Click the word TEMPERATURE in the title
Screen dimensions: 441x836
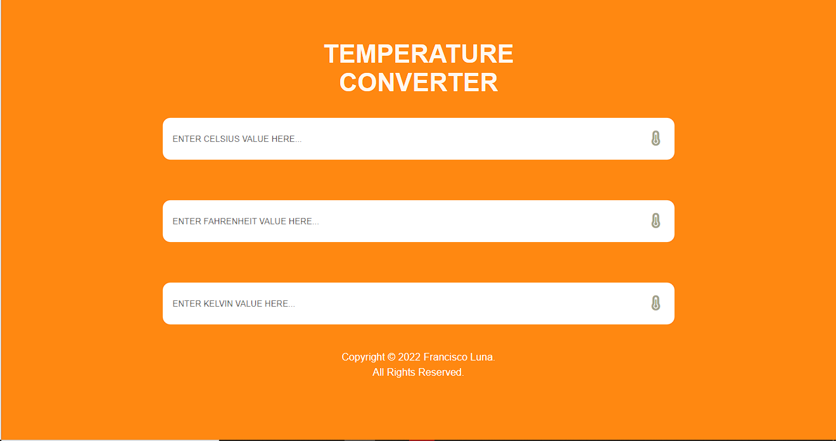click(418, 54)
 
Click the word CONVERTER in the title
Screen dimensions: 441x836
click(418, 83)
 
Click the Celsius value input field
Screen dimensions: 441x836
click(405, 139)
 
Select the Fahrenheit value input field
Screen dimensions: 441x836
click(405, 221)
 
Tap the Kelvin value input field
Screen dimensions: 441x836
click(405, 304)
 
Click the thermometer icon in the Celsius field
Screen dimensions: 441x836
click(655, 139)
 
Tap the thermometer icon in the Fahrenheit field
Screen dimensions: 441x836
click(655, 221)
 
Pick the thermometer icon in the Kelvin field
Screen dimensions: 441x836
click(655, 304)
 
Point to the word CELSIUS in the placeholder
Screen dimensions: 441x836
click(222, 139)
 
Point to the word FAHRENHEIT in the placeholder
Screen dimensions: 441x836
click(231, 222)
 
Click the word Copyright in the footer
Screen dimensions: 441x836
click(363, 357)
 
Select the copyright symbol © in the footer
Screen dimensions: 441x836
click(391, 357)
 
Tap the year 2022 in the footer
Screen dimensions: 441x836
click(409, 357)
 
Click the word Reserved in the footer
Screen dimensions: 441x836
click(444, 373)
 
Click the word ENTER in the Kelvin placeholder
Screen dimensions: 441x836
click(187, 304)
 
